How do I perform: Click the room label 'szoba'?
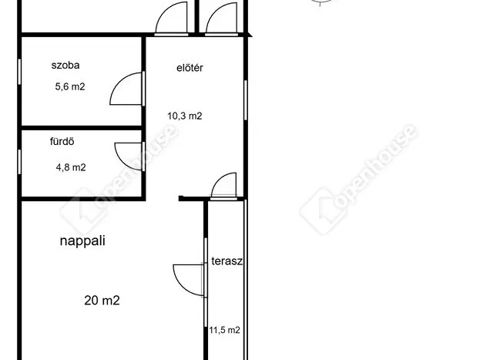click(x=65, y=66)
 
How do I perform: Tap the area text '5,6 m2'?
click(x=70, y=86)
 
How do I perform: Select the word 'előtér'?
click(x=190, y=68)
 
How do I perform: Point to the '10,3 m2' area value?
click(x=185, y=116)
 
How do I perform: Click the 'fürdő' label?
click(x=62, y=141)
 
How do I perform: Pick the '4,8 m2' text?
click(x=71, y=167)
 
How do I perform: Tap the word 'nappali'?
click(x=82, y=241)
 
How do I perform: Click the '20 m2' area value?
click(x=102, y=300)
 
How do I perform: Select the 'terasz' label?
click(x=227, y=261)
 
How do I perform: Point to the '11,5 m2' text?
click(x=224, y=330)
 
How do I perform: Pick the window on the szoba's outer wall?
click(x=19, y=72)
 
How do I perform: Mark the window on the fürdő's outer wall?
click(x=19, y=162)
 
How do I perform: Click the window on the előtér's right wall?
click(x=246, y=100)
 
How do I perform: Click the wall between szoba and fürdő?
click(x=82, y=128)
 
